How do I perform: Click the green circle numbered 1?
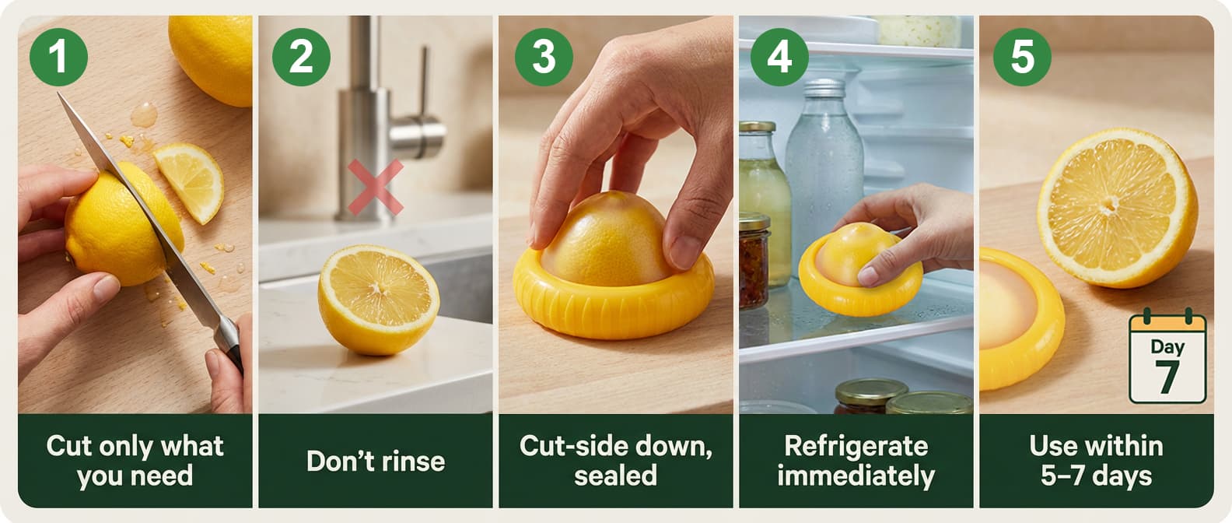click(58, 57)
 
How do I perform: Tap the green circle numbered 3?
click(544, 57)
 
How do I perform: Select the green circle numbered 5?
click(1022, 57)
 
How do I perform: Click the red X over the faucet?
click(376, 187)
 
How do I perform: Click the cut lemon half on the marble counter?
click(379, 299)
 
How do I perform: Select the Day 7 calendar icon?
click(1167, 359)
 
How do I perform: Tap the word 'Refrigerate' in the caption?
click(856, 446)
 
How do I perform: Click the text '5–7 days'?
click(1096, 476)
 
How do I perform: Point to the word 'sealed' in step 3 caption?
click(615, 476)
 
